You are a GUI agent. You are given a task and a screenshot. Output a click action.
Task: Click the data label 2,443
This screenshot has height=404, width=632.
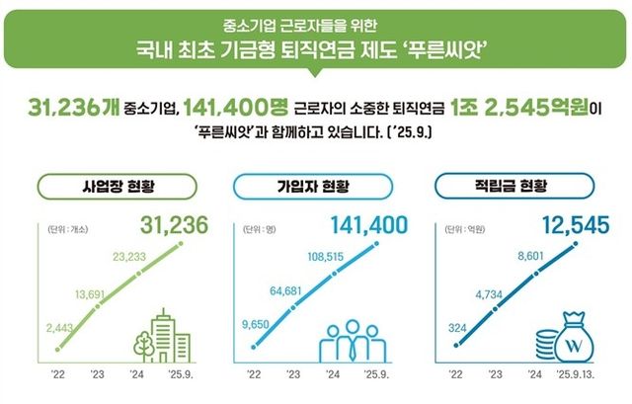coord(59,328)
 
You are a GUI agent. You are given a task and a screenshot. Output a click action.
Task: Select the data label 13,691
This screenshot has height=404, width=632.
coord(96,293)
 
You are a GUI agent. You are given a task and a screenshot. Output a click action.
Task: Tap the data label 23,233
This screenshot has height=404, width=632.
coord(129,256)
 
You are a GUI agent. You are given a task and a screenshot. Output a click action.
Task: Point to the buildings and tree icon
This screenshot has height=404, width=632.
coord(163,335)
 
